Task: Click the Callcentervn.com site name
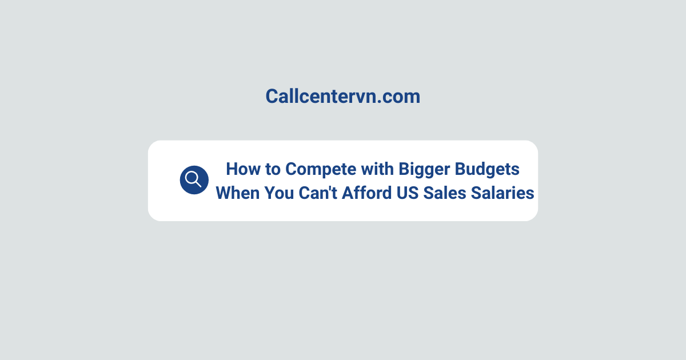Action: click(x=342, y=97)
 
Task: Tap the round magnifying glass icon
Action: click(x=194, y=180)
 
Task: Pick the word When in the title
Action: click(x=237, y=193)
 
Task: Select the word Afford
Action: click(x=367, y=193)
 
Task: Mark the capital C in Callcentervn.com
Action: click(x=272, y=97)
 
